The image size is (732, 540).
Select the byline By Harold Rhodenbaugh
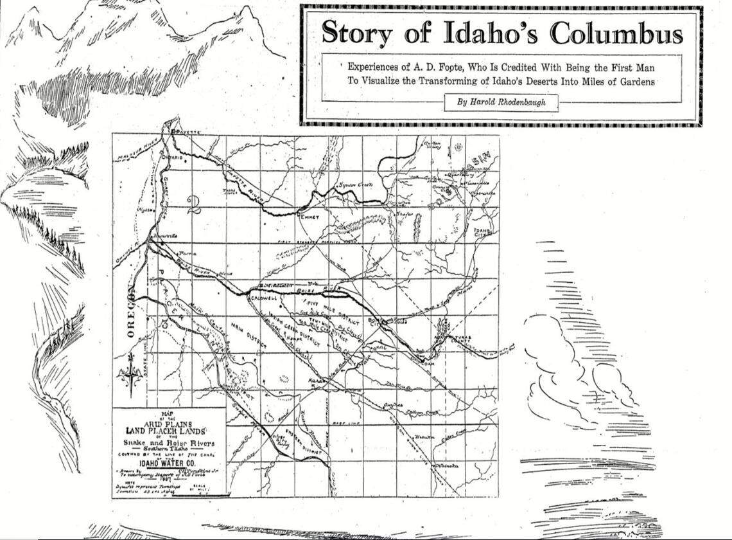coord(500,102)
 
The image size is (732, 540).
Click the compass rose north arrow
coord(131,374)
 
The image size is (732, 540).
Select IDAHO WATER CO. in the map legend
coord(168,460)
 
